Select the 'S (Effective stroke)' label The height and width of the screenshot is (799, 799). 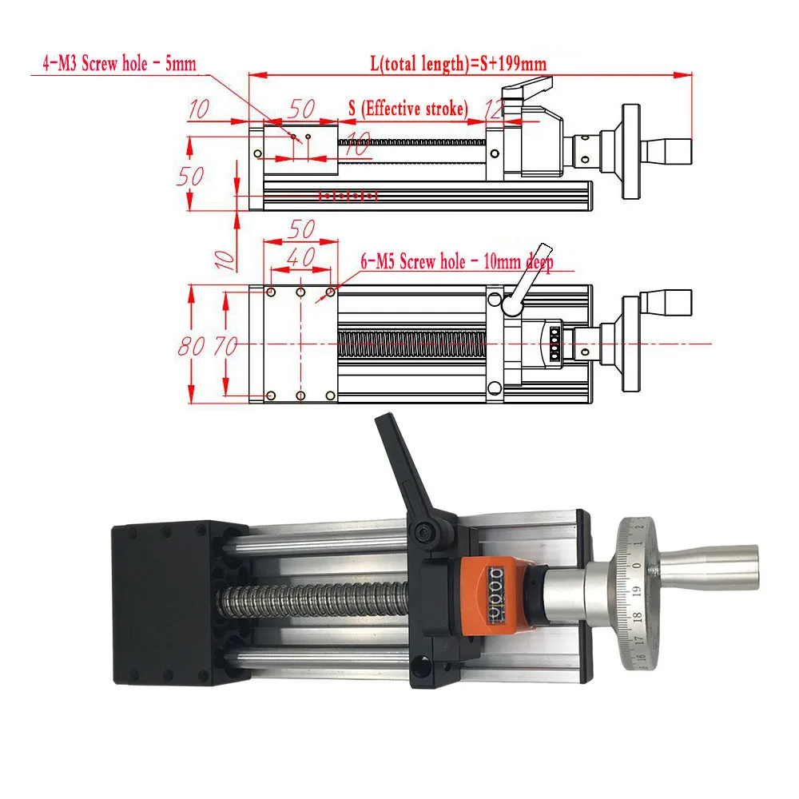click(x=407, y=109)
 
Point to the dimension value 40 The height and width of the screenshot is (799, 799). click(x=300, y=258)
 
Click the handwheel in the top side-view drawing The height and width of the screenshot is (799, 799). click(x=630, y=152)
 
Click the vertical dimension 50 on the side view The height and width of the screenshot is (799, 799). click(x=190, y=176)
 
